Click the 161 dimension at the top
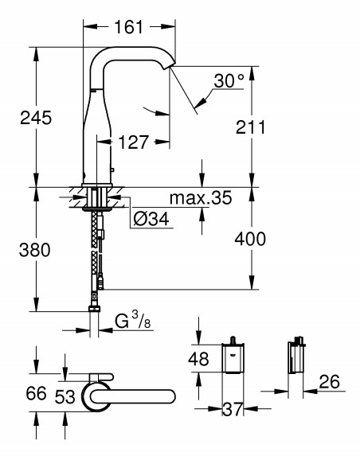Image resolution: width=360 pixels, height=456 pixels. tap(129, 27)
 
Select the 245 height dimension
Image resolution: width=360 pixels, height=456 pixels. tap(36, 118)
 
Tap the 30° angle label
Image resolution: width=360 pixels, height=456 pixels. tap(229, 80)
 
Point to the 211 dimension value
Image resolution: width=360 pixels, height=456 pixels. tap(251, 127)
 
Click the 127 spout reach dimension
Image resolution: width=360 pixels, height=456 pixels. tap(134, 142)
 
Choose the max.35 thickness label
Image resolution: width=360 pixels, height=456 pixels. tap(201, 197)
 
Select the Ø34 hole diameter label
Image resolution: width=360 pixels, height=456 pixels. tap(151, 219)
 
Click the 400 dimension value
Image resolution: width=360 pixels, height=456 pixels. tap(250, 239)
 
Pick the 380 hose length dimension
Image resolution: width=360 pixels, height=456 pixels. tap(34, 250)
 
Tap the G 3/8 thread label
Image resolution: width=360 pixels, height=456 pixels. tap(133, 321)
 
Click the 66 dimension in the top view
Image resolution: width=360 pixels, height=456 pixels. tap(36, 393)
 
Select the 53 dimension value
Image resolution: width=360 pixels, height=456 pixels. tap(65, 396)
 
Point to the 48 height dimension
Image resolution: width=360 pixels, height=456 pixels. tap(198, 359)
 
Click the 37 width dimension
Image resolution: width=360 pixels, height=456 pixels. tap(233, 410)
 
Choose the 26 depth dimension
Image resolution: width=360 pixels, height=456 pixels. tap(329, 381)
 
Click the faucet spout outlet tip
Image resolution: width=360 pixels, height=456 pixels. tap(170, 65)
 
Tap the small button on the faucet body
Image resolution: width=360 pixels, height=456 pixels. tap(112, 170)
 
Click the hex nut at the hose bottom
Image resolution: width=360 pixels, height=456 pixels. tap(95, 309)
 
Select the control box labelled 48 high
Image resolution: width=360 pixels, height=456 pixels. tap(233, 355)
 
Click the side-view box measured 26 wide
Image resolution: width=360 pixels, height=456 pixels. tap(295, 355)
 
